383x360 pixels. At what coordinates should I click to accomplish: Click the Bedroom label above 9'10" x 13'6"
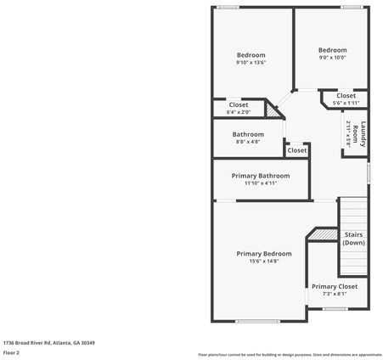(251, 55)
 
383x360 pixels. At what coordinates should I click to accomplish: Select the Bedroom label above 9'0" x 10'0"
(332, 50)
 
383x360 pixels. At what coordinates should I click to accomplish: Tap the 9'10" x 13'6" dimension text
(251, 63)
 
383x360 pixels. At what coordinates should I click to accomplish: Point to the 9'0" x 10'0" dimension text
(332, 58)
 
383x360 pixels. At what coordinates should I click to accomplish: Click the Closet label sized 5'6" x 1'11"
(346, 96)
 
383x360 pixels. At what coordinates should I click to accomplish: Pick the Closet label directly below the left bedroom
(239, 104)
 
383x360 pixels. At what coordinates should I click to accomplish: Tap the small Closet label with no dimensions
(296, 150)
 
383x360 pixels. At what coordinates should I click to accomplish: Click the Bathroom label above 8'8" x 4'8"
(248, 134)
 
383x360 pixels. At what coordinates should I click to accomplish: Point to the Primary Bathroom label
(261, 176)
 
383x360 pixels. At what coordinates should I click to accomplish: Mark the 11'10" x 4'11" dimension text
(261, 183)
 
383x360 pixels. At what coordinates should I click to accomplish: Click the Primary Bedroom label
(263, 254)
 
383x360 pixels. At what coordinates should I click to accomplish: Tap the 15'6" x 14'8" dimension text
(263, 262)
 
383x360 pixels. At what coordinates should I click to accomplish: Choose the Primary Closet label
(334, 287)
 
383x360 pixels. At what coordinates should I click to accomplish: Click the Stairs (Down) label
(353, 239)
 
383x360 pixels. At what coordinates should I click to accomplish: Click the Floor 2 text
(11, 352)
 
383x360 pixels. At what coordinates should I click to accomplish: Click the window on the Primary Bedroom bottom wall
(256, 321)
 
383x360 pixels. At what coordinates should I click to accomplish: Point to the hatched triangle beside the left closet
(273, 110)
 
